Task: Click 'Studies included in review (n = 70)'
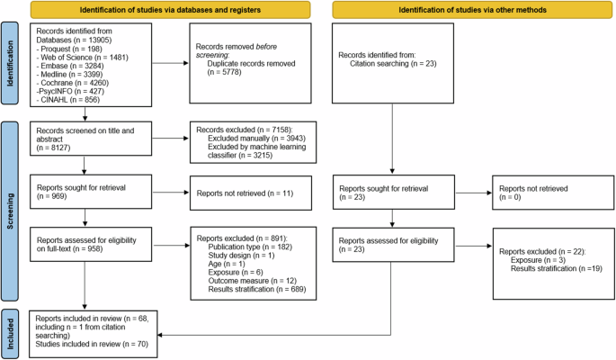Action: coord(85,343)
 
